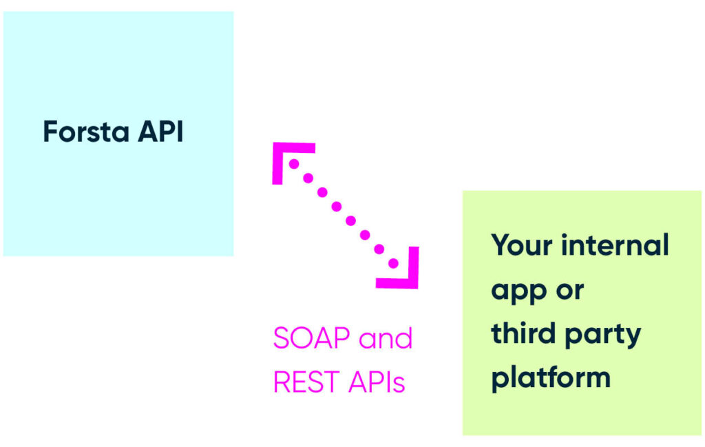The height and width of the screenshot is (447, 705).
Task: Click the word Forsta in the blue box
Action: (x=83, y=132)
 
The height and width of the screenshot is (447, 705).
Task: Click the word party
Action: (x=607, y=335)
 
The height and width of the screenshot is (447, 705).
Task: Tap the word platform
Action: (x=551, y=378)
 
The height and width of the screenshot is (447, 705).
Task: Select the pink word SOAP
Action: (x=308, y=338)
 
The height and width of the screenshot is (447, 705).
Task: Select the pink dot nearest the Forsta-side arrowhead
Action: (x=294, y=164)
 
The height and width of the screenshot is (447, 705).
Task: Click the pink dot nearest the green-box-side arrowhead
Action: (x=393, y=263)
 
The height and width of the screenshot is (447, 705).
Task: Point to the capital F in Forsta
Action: (x=50, y=132)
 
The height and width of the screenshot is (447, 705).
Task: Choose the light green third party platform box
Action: (x=581, y=413)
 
